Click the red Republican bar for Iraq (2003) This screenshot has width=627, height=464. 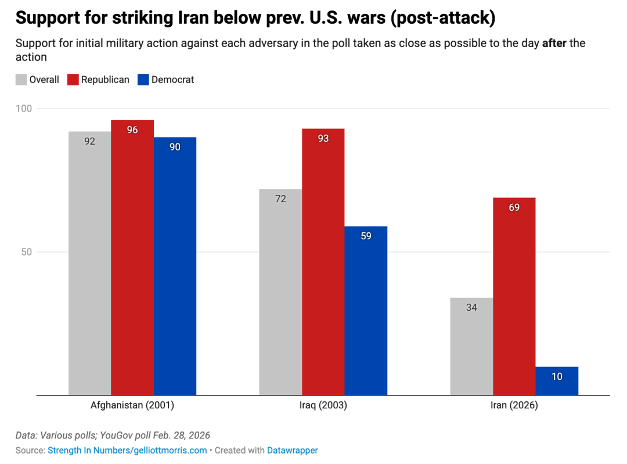click(323, 261)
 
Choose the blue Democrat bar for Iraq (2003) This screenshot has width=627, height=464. click(366, 311)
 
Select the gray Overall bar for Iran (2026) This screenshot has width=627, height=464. click(471, 346)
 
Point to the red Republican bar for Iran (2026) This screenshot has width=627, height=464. click(514, 296)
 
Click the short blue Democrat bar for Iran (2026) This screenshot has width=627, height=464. click(557, 380)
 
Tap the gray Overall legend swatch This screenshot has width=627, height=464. click(21, 80)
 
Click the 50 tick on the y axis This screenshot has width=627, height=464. click(26, 252)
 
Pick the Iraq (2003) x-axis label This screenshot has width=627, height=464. click(323, 405)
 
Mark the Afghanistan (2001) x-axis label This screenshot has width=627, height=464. click(132, 405)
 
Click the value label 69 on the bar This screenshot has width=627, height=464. click(514, 207)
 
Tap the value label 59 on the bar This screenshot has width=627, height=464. click(366, 236)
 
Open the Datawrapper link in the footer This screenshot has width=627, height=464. click(292, 450)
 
